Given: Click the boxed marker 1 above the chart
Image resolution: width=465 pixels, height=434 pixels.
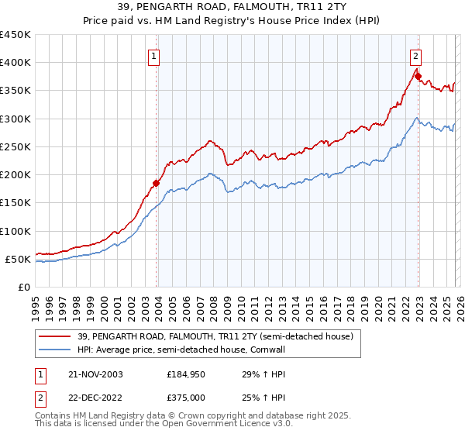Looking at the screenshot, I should [x=154, y=57].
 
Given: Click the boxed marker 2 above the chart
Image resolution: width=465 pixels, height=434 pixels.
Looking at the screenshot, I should [x=416, y=57].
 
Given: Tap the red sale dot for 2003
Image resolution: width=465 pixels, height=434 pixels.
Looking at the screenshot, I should [x=156, y=183].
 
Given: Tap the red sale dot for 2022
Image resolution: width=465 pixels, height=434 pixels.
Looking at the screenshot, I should [x=417, y=76].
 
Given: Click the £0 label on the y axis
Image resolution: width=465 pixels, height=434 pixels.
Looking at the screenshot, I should [x=24, y=287].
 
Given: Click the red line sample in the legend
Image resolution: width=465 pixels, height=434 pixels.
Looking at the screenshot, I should [x=56, y=336].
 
